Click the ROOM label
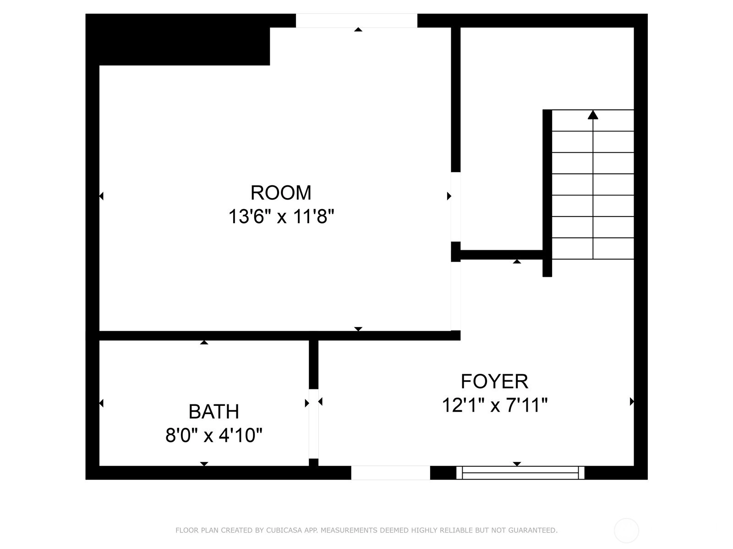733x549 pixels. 281,193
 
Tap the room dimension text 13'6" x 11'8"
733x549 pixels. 281,217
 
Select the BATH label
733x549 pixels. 214,412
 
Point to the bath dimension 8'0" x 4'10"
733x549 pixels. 214,436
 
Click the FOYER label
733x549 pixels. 495,382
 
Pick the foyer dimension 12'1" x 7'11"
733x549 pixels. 495,405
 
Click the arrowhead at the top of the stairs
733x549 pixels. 593,115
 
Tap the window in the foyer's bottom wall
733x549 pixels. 520,473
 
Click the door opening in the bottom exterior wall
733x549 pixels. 390,473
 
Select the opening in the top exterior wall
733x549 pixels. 356,21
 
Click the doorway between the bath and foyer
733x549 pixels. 313,424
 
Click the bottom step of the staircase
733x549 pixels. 593,248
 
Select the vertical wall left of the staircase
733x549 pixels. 547,193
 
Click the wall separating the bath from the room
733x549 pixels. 204,336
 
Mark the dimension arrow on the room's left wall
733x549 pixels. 102,196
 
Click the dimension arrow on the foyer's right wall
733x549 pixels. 632,402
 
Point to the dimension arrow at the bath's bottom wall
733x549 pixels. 204,463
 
